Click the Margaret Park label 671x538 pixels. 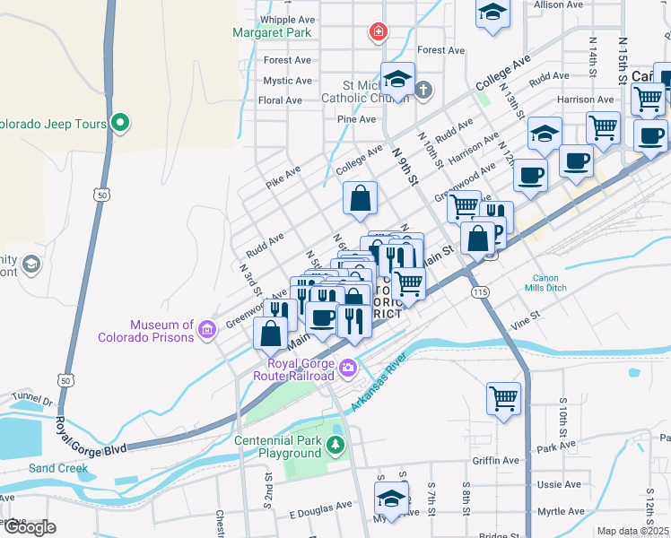tap(271, 33)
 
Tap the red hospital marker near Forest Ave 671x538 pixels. tap(379, 33)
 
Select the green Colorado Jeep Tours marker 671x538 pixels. tap(120, 124)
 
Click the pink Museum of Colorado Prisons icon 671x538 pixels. tap(207, 330)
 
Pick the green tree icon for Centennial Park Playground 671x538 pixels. tap(335, 444)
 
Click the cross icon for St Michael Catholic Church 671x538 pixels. tap(423, 90)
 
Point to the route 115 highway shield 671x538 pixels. tap(478, 292)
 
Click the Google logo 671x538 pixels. tap(30, 527)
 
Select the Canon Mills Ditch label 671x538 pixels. tap(558, 283)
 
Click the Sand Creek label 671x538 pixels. tap(58, 468)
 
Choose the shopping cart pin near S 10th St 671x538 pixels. tap(503, 396)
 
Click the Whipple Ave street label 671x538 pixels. tap(286, 19)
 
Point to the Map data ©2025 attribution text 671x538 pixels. tap(632, 531)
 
